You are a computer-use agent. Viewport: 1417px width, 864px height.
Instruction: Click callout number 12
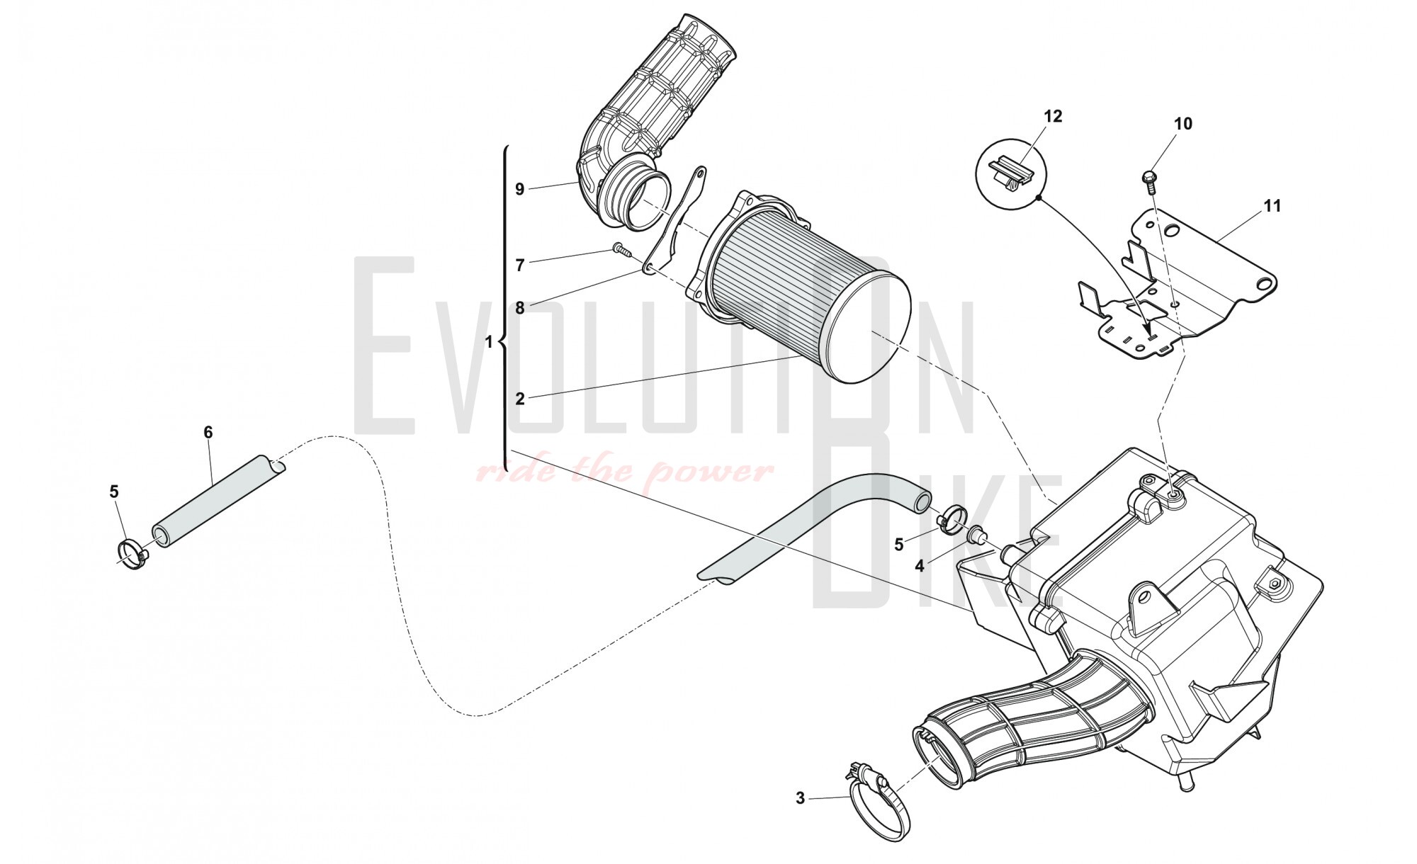(x=1053, y=116)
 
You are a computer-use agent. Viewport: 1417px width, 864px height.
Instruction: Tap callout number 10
(x=1182, y=124)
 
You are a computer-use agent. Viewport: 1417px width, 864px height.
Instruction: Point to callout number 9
(x=519, y=189)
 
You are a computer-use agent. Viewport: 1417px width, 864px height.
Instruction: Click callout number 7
(x=519, y=266)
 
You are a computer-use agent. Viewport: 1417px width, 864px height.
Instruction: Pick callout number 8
(x=519, y=308)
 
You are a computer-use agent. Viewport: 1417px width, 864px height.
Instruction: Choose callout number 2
(x=519, y=399)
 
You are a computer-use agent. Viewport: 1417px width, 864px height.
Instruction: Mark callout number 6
(x=208, y=432)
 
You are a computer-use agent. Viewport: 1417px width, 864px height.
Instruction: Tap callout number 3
(x=800, y=798)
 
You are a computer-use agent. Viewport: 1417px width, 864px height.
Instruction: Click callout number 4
(x=919, y=566)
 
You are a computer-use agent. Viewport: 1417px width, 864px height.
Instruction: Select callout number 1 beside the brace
(x=488, y=342)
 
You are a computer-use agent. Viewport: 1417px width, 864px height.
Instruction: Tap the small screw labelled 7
(x=621, y=249)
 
